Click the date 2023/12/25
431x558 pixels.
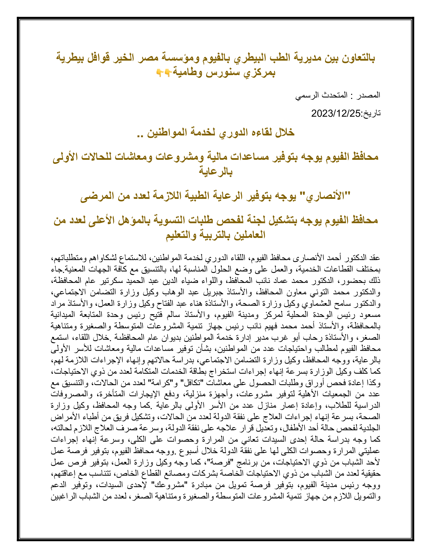click(x=335, y=113)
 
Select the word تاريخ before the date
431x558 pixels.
click(x=371, y=113)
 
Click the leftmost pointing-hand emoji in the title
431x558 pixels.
click(x=159, y=73)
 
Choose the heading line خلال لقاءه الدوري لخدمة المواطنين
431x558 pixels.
click(x=215, y=132)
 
